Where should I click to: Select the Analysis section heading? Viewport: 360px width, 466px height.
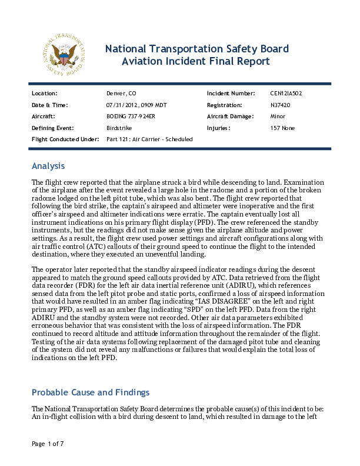48,166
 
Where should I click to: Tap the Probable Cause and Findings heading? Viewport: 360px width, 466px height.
91,392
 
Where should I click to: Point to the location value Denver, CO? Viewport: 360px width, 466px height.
121,94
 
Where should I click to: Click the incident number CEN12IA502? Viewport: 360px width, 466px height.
286,94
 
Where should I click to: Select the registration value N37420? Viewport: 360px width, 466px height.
280,105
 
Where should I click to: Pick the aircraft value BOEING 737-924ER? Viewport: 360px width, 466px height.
131,116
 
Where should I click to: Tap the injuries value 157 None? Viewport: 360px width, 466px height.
282,128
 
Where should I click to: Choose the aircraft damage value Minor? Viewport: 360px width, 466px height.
278,116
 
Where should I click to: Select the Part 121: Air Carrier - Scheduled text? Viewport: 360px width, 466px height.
149,139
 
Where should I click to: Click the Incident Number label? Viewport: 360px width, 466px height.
231,94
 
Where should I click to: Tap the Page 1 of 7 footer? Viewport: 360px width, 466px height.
48,443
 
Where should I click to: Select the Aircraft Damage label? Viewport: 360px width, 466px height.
231,116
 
